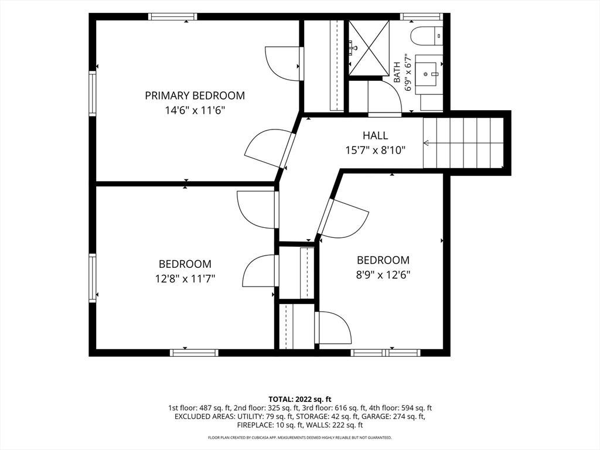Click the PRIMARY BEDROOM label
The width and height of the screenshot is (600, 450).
195,96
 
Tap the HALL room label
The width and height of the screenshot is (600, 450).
376,135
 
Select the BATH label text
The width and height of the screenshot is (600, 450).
397,72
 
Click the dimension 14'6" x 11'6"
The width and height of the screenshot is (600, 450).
195,111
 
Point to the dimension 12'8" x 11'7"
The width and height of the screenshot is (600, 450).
185,279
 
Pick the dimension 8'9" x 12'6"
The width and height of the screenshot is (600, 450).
383,275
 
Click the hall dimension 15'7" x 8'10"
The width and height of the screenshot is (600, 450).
376,151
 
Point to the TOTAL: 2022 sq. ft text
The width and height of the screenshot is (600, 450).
300,400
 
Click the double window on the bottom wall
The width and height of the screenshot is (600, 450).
386,353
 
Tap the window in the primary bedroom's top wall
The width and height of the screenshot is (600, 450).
173,16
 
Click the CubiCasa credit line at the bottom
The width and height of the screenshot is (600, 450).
300,437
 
